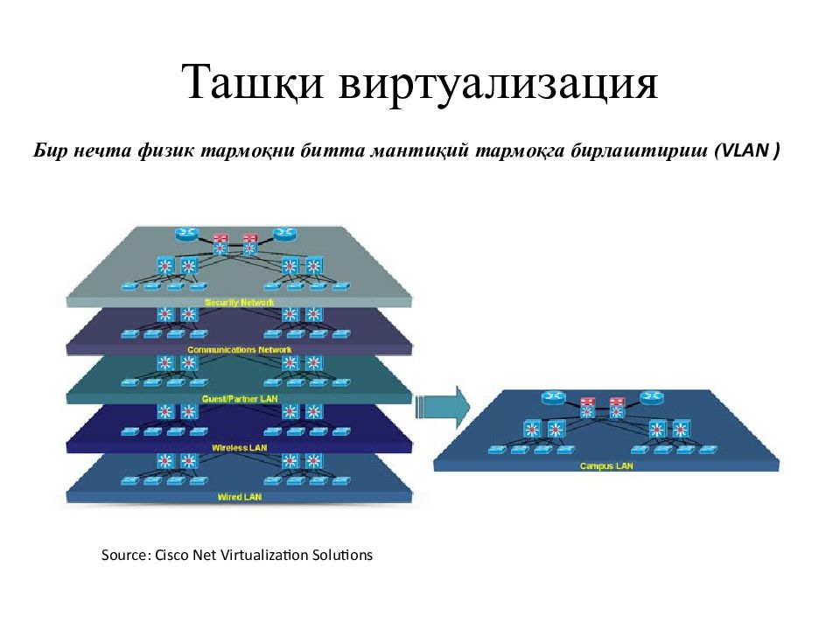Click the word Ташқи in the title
252,82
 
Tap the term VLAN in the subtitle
745,150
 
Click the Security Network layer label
239,302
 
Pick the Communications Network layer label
240,350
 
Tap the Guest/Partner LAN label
240,399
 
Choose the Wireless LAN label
239,448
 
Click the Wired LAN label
240,497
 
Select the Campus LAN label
605,466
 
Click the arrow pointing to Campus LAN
443,407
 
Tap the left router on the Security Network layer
186,234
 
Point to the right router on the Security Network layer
284,234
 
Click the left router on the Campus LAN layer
553,397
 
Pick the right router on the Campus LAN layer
651,397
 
